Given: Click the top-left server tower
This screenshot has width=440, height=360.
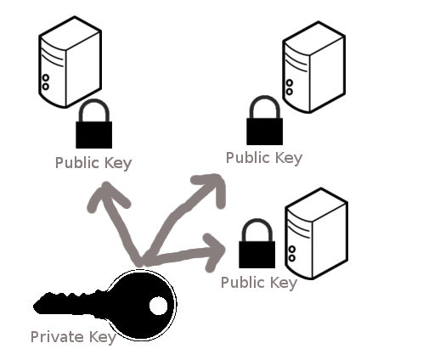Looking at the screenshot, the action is [x=70, y=62].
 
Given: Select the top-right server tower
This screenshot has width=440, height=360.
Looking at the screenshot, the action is [x=313, y=67].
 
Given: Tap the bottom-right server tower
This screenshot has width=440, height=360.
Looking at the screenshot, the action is [x=316, y=233].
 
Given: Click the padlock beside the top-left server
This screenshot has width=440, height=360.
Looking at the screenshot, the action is [x=93, y=124].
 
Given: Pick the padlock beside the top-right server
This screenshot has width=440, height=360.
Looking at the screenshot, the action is [x=264, y=121].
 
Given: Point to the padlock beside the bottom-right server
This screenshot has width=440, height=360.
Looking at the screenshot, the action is [x=257, y=244].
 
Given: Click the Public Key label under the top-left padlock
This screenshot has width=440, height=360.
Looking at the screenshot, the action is [x=93, y=163].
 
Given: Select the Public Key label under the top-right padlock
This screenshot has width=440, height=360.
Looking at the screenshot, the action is [x=264, y=158].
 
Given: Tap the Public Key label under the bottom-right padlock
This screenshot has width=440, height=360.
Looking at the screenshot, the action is [x=259, y=283].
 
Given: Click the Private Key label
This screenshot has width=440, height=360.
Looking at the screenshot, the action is [x=73, y=337].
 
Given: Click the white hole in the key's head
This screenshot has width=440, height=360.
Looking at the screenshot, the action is [x=159, y=306].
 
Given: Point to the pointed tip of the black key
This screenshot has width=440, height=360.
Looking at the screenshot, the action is [x=34, y=307].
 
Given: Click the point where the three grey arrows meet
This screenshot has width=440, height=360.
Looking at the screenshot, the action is [x=142, y=261].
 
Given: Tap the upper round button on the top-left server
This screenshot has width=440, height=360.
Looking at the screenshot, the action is [x=46, y=77].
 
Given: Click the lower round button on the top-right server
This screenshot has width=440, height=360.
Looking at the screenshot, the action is [x=289, y=92].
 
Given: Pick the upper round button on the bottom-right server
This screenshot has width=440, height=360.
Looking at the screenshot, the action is [x=292, y=250].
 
